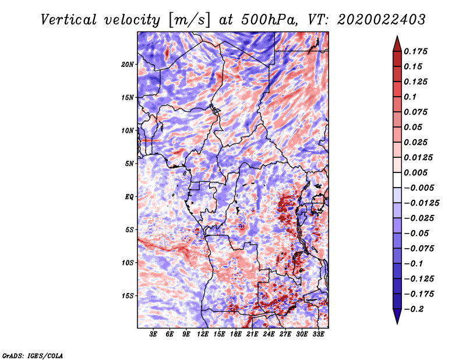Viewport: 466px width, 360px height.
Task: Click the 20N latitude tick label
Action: point(128,64)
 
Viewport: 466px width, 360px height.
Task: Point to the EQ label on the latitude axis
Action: point(129,196)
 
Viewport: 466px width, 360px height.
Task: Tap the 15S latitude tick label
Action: point(128,295)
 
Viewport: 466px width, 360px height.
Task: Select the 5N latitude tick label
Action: point(129,164)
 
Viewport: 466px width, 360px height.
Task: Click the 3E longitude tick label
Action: point(153,334)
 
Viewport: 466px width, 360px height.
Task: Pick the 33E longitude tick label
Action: point(318,334)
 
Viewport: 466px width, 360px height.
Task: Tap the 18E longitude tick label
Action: point(236,334)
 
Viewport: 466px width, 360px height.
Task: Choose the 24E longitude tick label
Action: point(269,334)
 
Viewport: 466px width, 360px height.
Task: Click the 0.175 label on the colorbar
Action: point(415,51)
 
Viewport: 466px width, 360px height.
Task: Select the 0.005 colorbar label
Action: point(415,172)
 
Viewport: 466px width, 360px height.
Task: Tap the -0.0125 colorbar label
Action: point(421,203)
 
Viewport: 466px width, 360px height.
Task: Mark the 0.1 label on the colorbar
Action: point(410,97)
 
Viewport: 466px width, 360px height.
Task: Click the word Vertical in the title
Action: point(69,20)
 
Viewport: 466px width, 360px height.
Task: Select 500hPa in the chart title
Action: point(269,20)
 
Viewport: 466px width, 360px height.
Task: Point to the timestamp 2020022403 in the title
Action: point(382,20)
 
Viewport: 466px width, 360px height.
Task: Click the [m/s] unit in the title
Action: point(189,20)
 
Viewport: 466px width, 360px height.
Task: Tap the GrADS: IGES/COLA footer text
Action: point(33,355)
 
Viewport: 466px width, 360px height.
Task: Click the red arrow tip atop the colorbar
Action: point(397,37)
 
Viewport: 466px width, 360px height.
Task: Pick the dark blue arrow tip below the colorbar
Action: point(397,323)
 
